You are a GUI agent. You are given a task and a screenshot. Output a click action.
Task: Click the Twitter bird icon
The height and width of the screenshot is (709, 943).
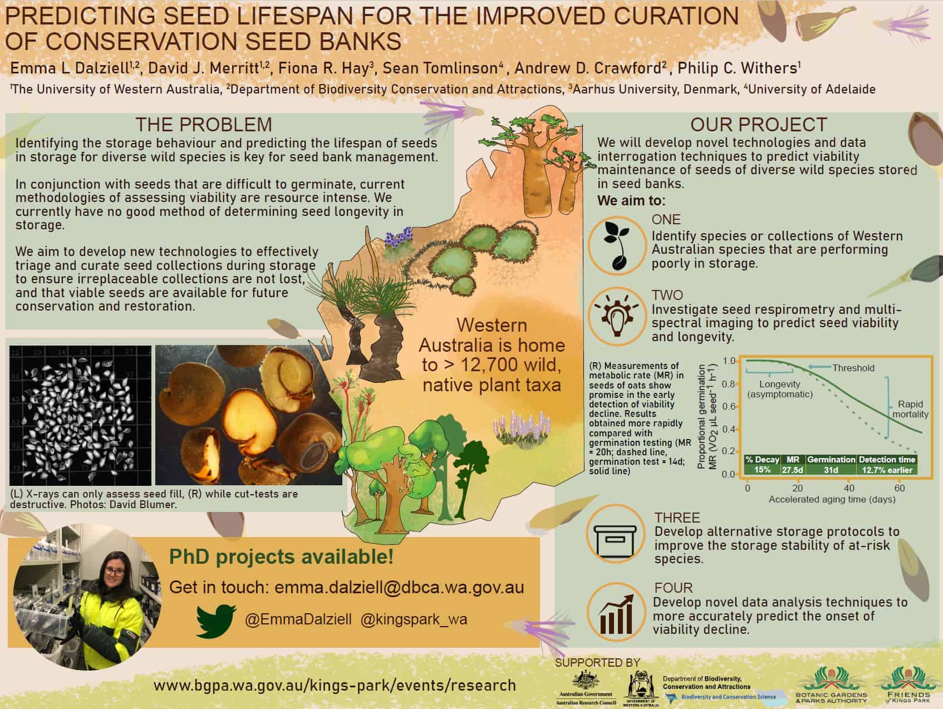tap(217, 620)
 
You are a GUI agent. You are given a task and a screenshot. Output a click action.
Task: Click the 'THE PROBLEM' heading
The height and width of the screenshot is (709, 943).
tap(204, 124)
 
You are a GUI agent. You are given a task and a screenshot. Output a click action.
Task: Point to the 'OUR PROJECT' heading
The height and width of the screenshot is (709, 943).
tap(759, 124)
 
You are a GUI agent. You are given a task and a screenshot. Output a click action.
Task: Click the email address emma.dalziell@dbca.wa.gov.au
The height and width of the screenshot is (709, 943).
tap(399, 588)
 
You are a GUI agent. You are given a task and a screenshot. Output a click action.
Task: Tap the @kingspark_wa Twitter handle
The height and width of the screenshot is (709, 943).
tap(414, 619)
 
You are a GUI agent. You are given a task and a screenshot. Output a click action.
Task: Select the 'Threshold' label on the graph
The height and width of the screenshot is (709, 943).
tap(853, 368)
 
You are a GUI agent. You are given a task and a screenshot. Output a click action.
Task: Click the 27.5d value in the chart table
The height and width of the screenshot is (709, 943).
tap(792, 470)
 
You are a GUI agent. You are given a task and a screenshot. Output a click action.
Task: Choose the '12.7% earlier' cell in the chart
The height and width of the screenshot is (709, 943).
tap(887, 470)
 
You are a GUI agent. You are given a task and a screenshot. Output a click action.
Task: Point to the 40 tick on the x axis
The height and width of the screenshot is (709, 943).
tap(848, 488)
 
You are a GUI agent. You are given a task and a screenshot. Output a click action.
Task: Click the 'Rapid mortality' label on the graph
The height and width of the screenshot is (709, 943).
tap(910, 409)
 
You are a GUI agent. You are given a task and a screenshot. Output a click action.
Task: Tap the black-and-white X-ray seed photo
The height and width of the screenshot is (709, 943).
tap(81, 415)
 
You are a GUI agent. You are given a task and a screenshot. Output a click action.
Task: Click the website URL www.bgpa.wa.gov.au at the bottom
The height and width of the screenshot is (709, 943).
tap(335, 685)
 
